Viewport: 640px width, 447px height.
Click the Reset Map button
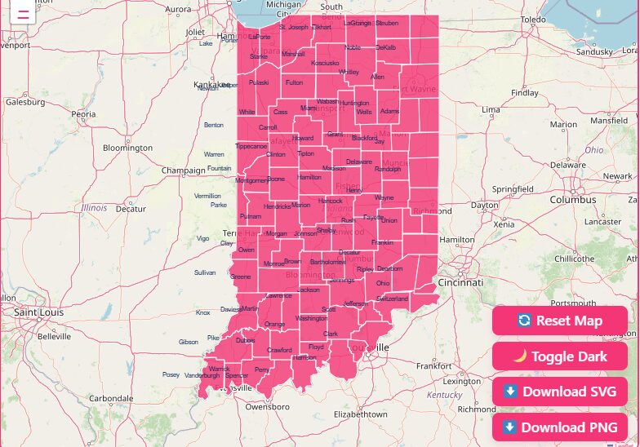pos(560,321)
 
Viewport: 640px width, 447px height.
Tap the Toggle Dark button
pos(560,356)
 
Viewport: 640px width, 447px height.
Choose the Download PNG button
pos(560,427)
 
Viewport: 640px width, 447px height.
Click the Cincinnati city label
pos(460,282)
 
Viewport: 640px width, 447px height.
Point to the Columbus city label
pos(573,200)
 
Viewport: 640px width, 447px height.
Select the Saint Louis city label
pos(39,312)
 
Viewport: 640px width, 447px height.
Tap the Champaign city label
pos(183,170)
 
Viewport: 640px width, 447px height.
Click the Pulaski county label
pos(259,82)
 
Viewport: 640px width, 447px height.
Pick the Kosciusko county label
pos(325,63)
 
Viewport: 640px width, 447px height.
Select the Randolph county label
pos(387,169)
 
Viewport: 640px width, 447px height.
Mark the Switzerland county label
pos(392,299)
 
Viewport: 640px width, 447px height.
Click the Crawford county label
pos(279,350)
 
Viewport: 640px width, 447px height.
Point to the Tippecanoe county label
pos(251,146)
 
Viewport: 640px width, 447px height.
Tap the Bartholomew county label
pos(328,262)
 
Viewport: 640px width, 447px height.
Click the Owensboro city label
pos(268,405)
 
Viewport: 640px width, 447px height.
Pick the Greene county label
pos(241,277)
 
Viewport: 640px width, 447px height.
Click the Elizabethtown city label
pos(361,414)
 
